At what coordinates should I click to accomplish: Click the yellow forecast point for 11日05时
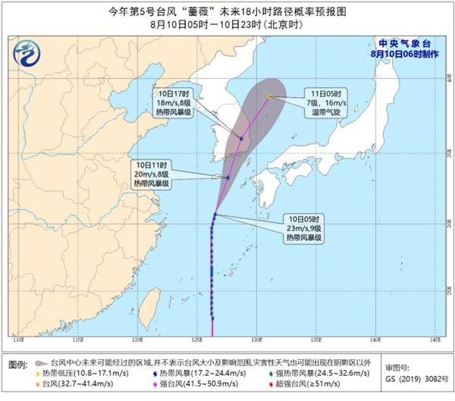pyautogui.click(x=270, y=96)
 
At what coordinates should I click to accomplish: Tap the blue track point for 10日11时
pyautogui.click(x=227, y=177)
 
